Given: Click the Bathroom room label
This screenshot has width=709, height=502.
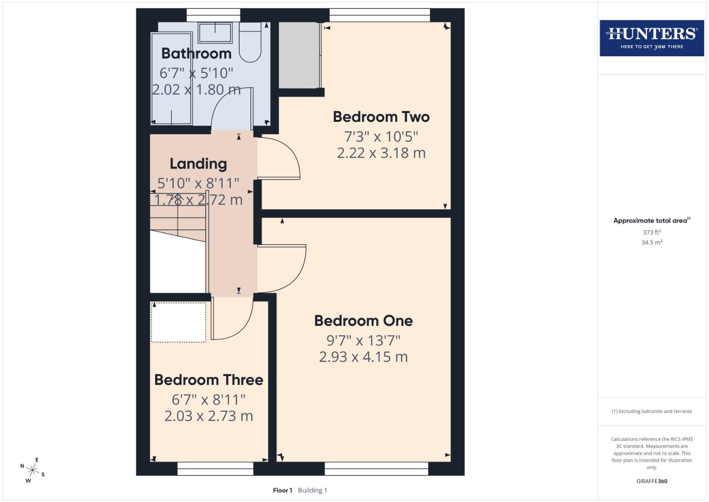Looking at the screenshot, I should (196, 53).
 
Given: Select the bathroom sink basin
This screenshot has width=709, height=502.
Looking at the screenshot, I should (215, 33).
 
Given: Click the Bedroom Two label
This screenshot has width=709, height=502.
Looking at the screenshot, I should (381, 117).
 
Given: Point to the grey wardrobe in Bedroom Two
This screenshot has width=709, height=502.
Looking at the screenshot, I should (299, 55).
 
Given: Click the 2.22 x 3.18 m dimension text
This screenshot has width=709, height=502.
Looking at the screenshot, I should (381, 153).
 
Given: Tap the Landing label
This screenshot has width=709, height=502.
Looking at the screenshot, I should (198, 164).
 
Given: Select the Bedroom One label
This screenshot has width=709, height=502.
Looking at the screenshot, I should (363, 321).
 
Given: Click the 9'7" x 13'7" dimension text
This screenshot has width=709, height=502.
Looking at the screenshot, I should (363, 340).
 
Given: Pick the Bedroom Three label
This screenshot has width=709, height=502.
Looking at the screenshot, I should (208, 380).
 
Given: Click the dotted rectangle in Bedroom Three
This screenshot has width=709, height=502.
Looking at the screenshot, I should (179, 322).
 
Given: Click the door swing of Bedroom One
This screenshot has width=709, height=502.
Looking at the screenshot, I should (280, 267).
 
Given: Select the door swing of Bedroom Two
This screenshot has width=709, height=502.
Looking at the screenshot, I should (277, 158).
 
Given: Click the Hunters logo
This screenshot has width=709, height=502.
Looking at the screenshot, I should (651, 38).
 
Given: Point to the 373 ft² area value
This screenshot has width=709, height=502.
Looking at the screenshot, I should (651, 232).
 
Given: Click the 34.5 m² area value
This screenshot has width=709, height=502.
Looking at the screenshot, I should (651, 242).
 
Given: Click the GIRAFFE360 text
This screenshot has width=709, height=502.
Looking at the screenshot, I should (651, 481).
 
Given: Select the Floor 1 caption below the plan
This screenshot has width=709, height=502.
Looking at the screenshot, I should (282, 490).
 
